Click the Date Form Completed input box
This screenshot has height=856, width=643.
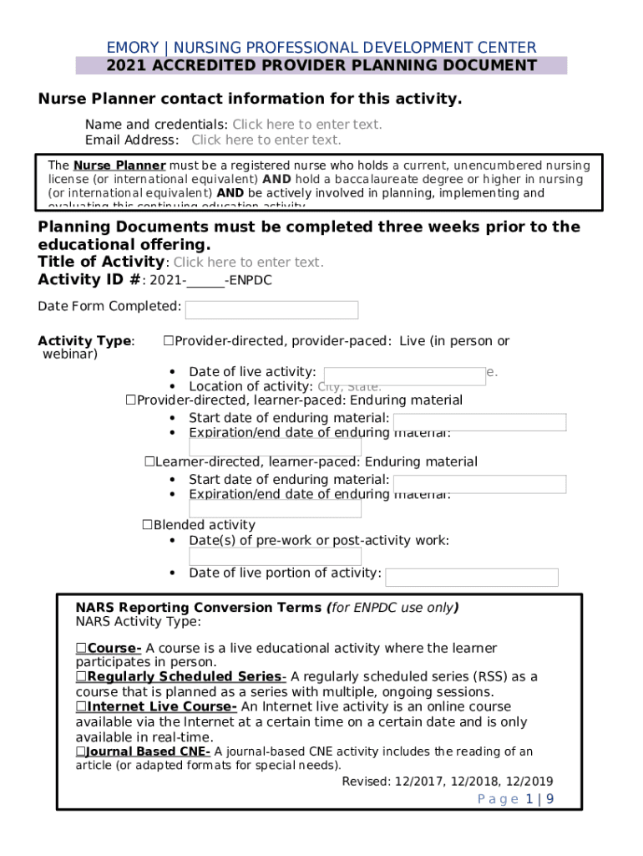[271, 310]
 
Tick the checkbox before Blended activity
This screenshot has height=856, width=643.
[147, 525]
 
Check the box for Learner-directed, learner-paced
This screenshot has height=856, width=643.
[149, 461]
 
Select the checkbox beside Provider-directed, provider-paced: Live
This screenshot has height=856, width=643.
[168, 341]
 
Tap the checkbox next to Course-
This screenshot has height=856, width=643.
[81, 648]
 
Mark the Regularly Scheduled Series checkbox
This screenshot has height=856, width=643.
[81, 676]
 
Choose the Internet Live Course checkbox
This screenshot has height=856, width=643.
[81, 706]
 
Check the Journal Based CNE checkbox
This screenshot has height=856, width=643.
[80, 752]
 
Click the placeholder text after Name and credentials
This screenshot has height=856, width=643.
[306, 125]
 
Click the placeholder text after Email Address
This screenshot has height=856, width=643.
[266, 140]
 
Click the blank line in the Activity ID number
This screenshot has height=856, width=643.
[205, 281]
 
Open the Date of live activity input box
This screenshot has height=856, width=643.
[404, 376]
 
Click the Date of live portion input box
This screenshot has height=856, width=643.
[471, 577]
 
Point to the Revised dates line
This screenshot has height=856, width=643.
[447, 782]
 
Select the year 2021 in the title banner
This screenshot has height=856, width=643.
[125, 66]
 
